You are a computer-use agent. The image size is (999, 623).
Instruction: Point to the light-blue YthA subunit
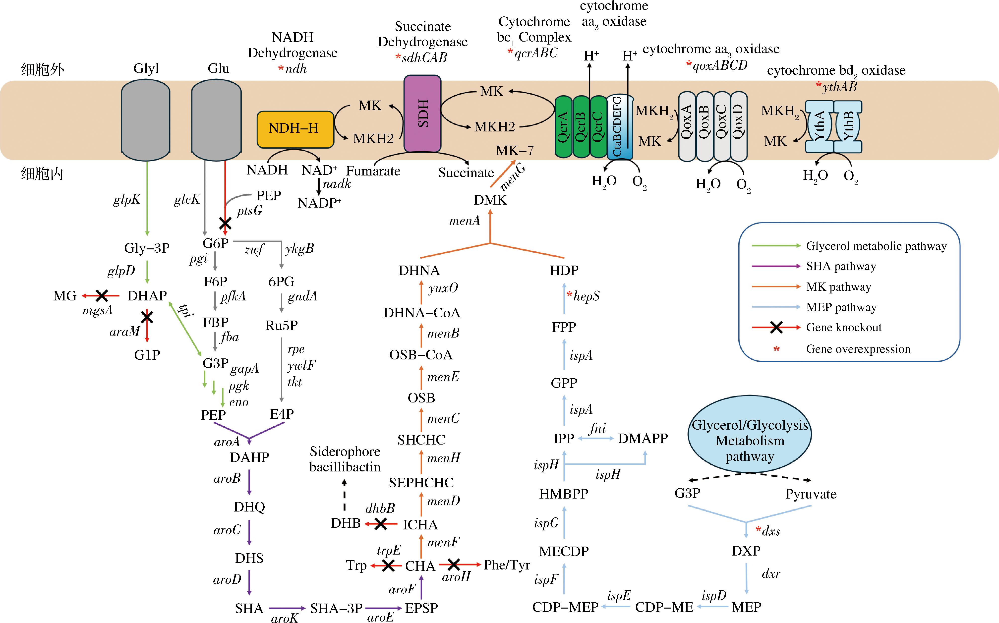(x=819, y=126)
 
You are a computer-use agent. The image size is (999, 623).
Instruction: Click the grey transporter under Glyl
(x=145, y=119)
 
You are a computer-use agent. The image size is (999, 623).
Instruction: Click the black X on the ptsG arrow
(x=225, y=224)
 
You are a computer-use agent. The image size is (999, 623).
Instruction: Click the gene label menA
(x=465, y=221)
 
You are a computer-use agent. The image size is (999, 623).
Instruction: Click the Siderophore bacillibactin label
(x=345, y=459)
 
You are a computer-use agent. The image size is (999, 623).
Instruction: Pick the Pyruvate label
(x=811, y=494)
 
